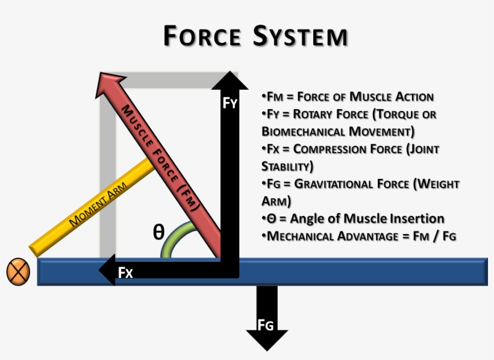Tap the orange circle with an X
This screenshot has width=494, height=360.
pyautogui.click(x=18, y=273)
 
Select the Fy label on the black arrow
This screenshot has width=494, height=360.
pyautogui.click(x=230, y=103)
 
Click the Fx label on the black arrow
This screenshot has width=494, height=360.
pyautogui.click(x=125, y=273)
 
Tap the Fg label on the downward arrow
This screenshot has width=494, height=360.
pyautogui.click(x=266, y=326)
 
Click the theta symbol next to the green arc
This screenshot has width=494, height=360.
pyautogui.click(x=158, y=232)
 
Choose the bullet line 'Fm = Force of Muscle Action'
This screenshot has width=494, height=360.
pyautogui.click(x=348, y=96)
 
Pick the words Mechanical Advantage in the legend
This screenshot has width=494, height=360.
pyautogui.click(x=329, y=236)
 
